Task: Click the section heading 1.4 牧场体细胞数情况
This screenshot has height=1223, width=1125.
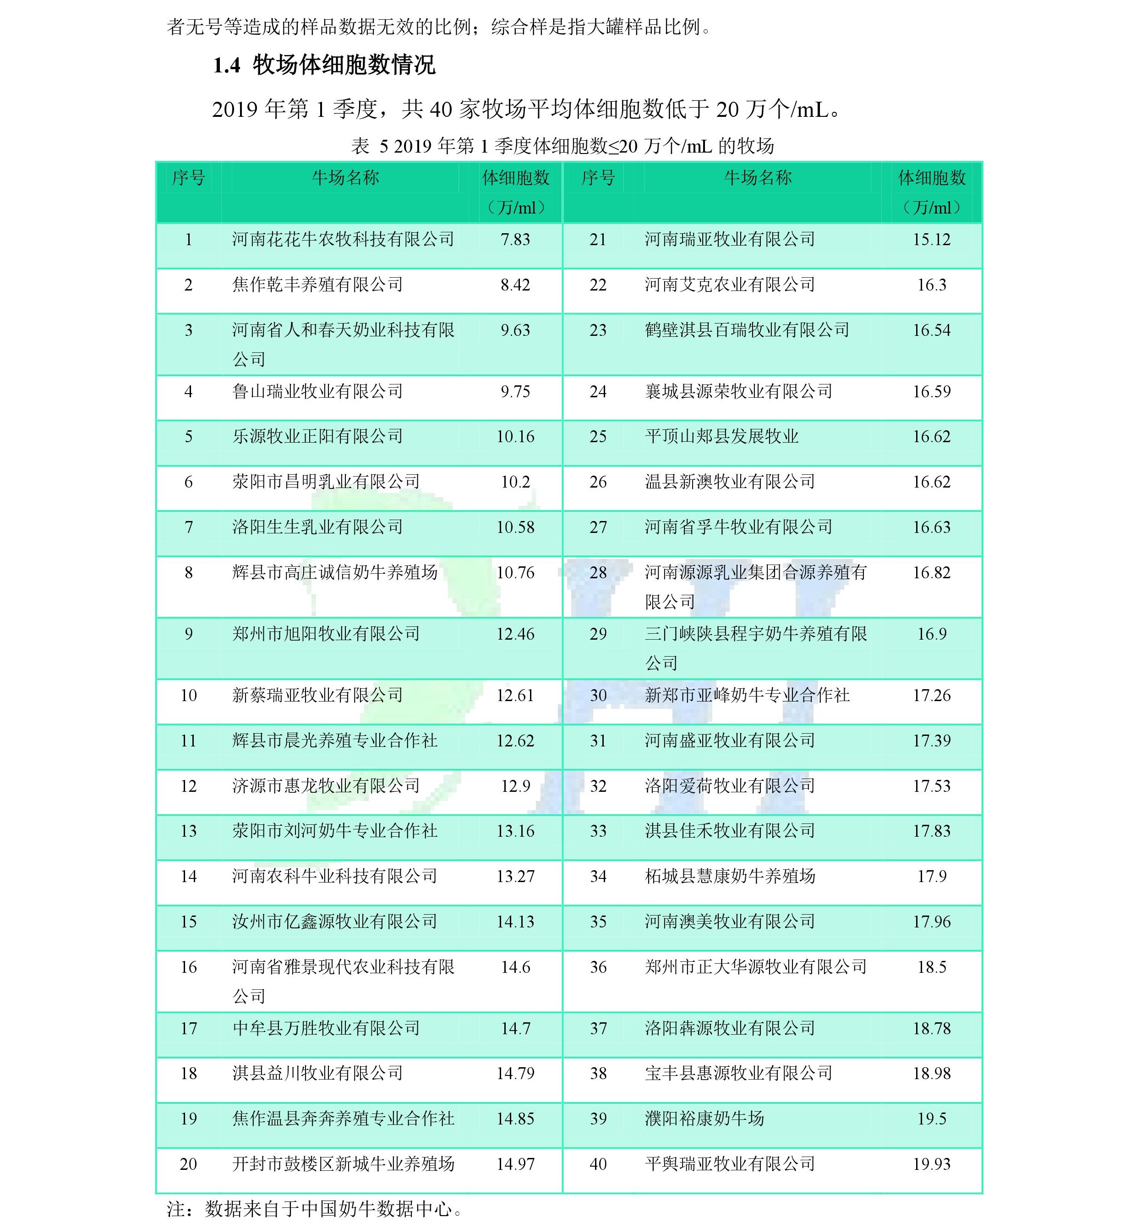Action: pyautogui.click(x=324, y=65)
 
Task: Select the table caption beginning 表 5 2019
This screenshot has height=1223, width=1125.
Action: pyautogui.click(x=562, y=146)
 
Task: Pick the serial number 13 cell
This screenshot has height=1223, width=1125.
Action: pyautogui.click(x=188, y=831)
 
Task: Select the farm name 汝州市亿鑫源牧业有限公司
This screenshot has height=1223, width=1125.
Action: pyautogui.click(x=334, y=921)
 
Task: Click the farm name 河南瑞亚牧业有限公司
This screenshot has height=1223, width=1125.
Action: pyautogui.click(x=729, y=239)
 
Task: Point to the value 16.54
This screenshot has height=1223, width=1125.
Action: pyautogui.click(x=931, y=330)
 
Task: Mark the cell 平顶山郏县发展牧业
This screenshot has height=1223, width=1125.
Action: pyautogui.click(x=721, y=436)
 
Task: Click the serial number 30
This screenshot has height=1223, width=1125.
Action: pyautogui.click(x=598, y=695)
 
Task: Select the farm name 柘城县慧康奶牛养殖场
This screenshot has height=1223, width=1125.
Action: pyautogui.click(x=729, y=876)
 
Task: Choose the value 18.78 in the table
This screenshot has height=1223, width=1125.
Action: pyautogui.click(x=931, y=1028)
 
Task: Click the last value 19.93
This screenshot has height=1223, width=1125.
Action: pyautogui.click(x=931, y=1164)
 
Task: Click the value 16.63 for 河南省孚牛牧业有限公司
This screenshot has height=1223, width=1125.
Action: pyautogui.click(x=931, y=527)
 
